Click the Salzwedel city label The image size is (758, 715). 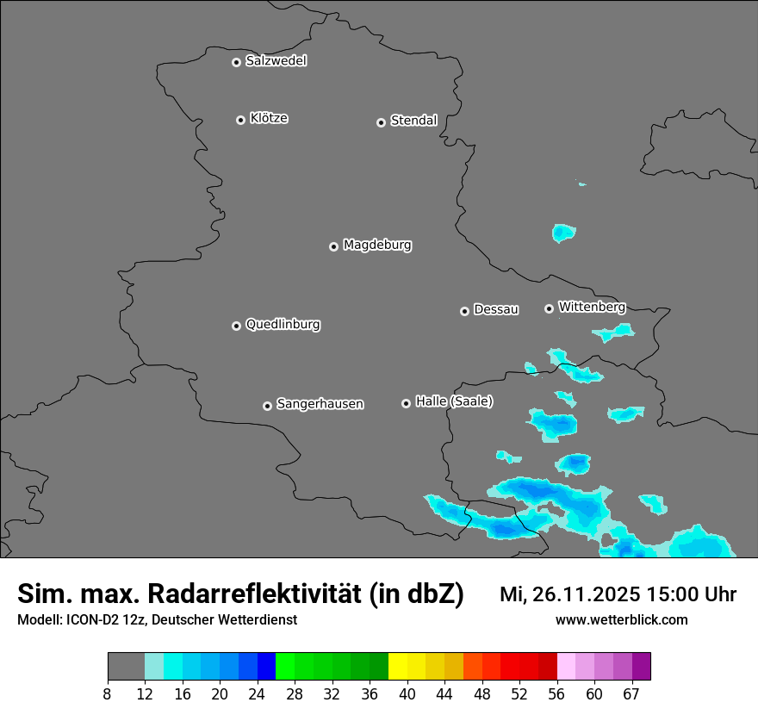point(276,61)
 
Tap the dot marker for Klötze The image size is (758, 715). point(241,120)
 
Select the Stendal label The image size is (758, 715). point(413,121)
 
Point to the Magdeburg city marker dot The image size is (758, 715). point(334,246)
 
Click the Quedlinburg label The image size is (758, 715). point(283,325)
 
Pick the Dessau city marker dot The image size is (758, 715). point(464,311)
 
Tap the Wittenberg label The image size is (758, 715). point(591,307)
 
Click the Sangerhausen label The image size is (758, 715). point(320,404)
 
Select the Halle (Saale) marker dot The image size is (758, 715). point(406,403)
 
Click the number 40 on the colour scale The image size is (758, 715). point(407,693)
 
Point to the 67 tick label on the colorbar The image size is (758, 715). point(631,693)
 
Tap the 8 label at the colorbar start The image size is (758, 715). point(108,693)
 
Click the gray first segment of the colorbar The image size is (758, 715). point(126,667)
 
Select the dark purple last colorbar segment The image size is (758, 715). point(641,667)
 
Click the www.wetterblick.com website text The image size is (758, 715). point(622,619)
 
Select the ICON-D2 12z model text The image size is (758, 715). point(105,619)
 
